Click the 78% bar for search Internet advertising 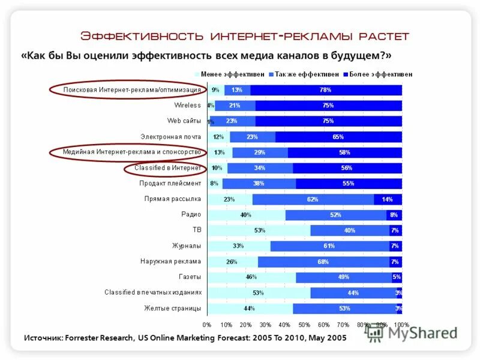[326, 90]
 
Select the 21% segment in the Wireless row [235, 106]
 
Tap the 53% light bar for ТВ [259, 230]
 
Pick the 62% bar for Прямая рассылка [313, 199]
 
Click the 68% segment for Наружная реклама [323, 262]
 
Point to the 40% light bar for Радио [246, 215]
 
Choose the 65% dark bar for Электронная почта [338, 137]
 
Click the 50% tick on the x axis [304, 325]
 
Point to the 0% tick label [207, 325]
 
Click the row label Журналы [187, 246]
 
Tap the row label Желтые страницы [172, 308]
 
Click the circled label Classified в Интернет [167, 168]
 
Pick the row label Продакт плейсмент [170, 184]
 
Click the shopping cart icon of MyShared [375, 334]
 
